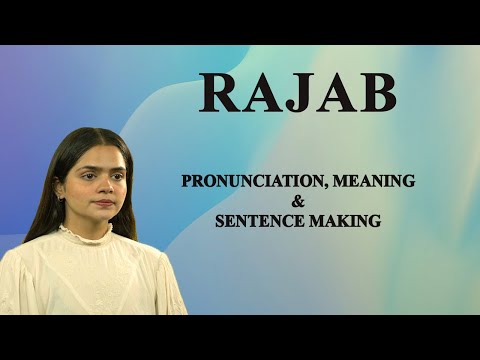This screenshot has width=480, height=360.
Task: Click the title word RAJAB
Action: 297,92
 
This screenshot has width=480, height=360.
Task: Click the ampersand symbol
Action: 297,202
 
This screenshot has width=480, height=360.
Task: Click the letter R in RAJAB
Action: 220,92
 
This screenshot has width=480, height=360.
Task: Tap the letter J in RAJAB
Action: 299,93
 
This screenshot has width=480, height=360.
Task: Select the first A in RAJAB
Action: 258,92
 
